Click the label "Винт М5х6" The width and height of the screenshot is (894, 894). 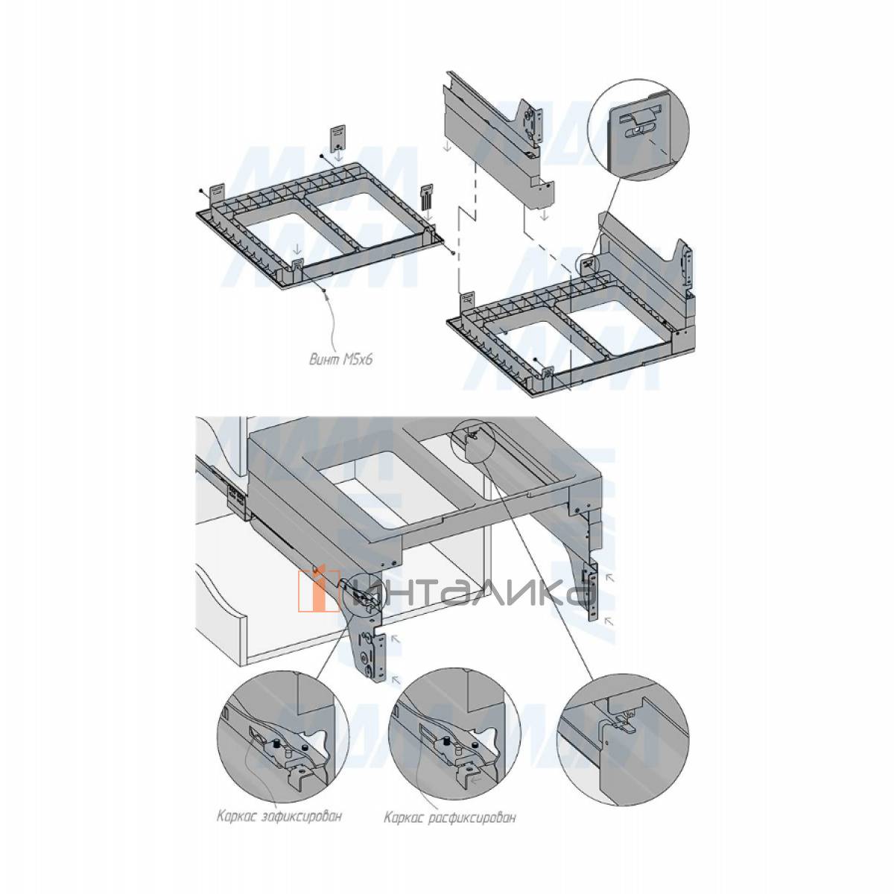341,360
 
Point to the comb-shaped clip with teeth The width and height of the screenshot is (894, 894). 427,197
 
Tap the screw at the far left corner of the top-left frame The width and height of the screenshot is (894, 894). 200,190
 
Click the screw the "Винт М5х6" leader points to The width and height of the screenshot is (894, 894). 324,290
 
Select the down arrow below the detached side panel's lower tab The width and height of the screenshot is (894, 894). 545,215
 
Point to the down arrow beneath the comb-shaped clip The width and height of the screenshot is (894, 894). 428,216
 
